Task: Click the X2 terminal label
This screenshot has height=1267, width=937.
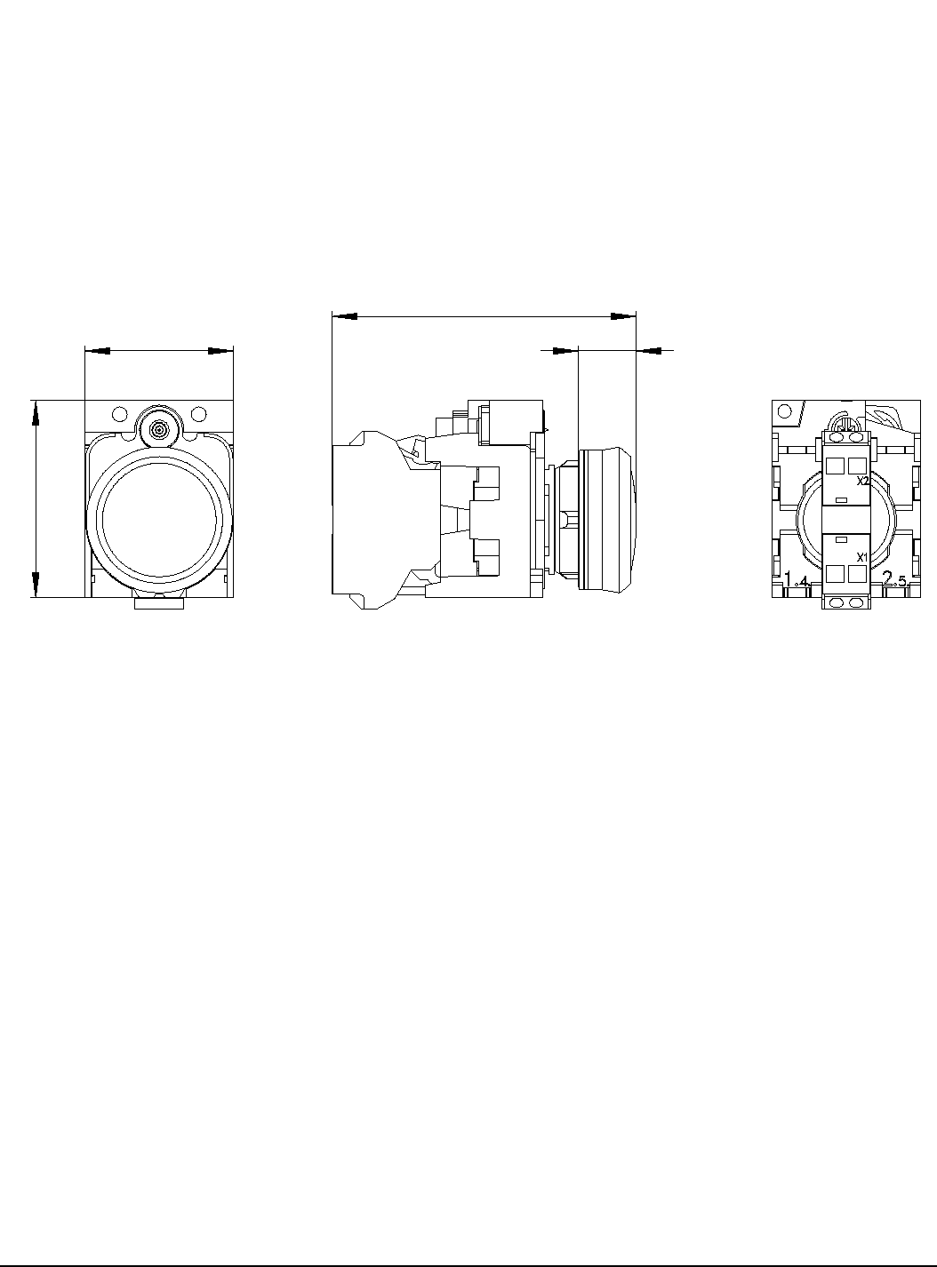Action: point(862,482)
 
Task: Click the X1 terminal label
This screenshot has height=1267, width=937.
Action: point(862,557)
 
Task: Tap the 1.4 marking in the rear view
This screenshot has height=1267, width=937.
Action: point(797,580)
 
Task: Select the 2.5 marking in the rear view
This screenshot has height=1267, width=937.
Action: point(895,580)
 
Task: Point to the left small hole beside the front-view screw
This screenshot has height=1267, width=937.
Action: point(119,413)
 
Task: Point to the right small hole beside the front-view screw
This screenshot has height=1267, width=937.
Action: point(198,413)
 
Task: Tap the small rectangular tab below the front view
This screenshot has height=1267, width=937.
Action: point(159,603)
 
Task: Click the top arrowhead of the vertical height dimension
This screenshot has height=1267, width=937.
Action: point(36,412)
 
